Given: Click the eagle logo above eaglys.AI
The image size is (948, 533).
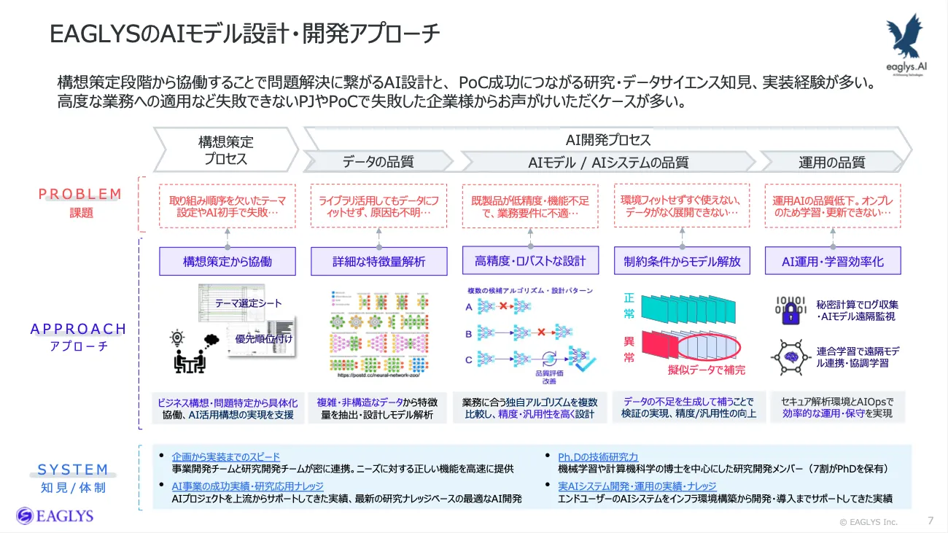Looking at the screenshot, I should tap(905, 36).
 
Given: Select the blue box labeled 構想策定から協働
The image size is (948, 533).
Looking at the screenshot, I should tap(228, 261).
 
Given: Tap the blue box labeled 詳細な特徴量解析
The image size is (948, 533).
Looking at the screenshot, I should tap(379, 261).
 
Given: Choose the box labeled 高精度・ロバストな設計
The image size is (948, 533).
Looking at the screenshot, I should tap(530, 260).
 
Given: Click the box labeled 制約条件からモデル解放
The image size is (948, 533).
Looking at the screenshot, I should tap(682, 261).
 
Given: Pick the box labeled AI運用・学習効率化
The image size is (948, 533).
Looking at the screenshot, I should tap(833, 261).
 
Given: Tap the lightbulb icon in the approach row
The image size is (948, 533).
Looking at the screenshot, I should tap(176, 338).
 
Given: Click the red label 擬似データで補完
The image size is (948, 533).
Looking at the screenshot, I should tap(707, 370).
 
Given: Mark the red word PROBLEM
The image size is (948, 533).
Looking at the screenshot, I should tap(80, 194).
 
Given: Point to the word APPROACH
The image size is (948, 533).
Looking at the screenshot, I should tap(79, 329).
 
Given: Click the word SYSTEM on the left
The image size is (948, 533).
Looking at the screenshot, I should tap(73, 470).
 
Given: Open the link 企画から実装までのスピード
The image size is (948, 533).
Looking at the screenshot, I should tap(225, 456).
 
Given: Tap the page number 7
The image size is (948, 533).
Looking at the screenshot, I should tap(930, 521).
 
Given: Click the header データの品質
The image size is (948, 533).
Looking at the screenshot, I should tap(378, 162).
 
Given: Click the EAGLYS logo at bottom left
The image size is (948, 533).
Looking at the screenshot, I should tap(55, 516).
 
